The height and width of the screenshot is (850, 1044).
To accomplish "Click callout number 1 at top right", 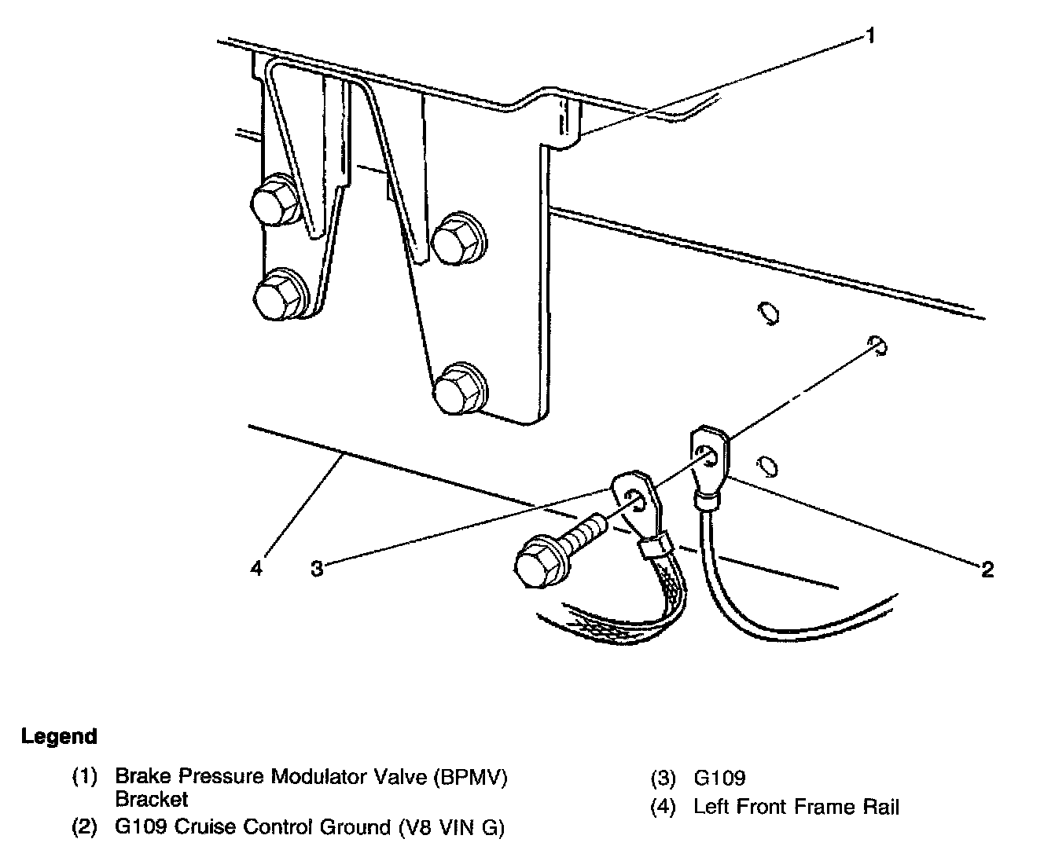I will (869, 36).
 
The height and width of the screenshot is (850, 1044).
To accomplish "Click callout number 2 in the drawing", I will (987, 570).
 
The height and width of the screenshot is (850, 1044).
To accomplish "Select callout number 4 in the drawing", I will (256, 568).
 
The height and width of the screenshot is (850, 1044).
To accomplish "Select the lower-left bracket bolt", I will (279, 295).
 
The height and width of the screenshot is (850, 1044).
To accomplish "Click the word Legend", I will (60, 737).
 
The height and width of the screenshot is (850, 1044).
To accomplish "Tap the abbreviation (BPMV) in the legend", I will (471, 778).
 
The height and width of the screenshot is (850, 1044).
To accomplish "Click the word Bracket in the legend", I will (152, 800).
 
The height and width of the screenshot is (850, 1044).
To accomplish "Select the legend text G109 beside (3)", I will (719, 779).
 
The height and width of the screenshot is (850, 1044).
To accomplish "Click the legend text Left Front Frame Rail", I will (796, 807).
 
